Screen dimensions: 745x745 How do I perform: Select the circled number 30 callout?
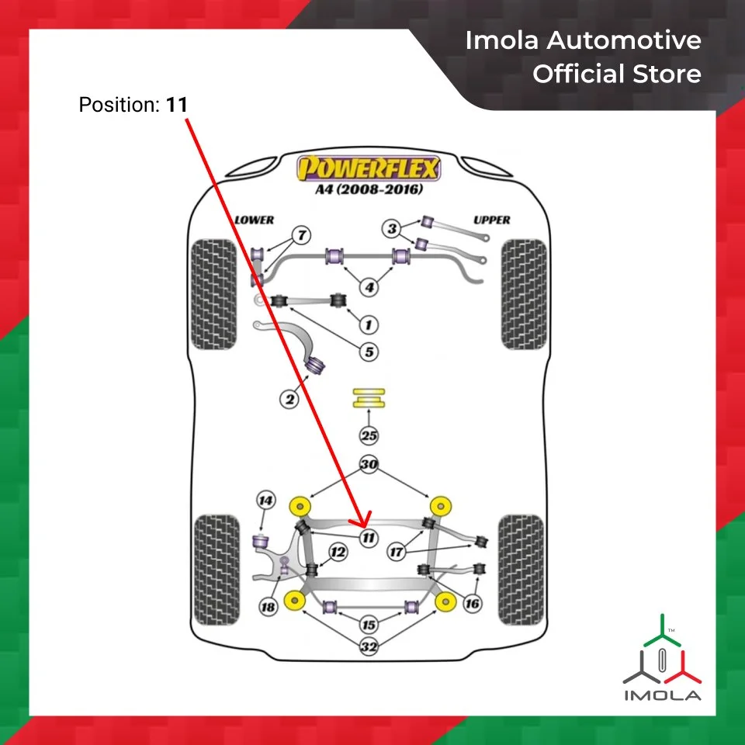pos(369,465)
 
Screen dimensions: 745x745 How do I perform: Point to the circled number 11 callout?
pos(369,537)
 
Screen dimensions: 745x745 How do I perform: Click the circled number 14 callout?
pos(266,501)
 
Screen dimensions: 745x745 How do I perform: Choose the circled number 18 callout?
pos(268,607)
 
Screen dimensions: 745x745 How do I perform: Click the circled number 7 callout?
pos(302,234)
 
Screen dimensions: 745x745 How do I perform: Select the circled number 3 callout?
pos(393,229)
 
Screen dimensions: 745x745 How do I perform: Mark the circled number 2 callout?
pos(289,400)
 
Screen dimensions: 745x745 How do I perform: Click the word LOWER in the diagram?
pos(255,220)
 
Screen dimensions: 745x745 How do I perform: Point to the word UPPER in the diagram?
pos(492,220)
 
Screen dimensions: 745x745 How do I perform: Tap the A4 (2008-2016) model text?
pos(369,190)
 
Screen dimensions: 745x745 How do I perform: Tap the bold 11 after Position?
pos(176,104)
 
